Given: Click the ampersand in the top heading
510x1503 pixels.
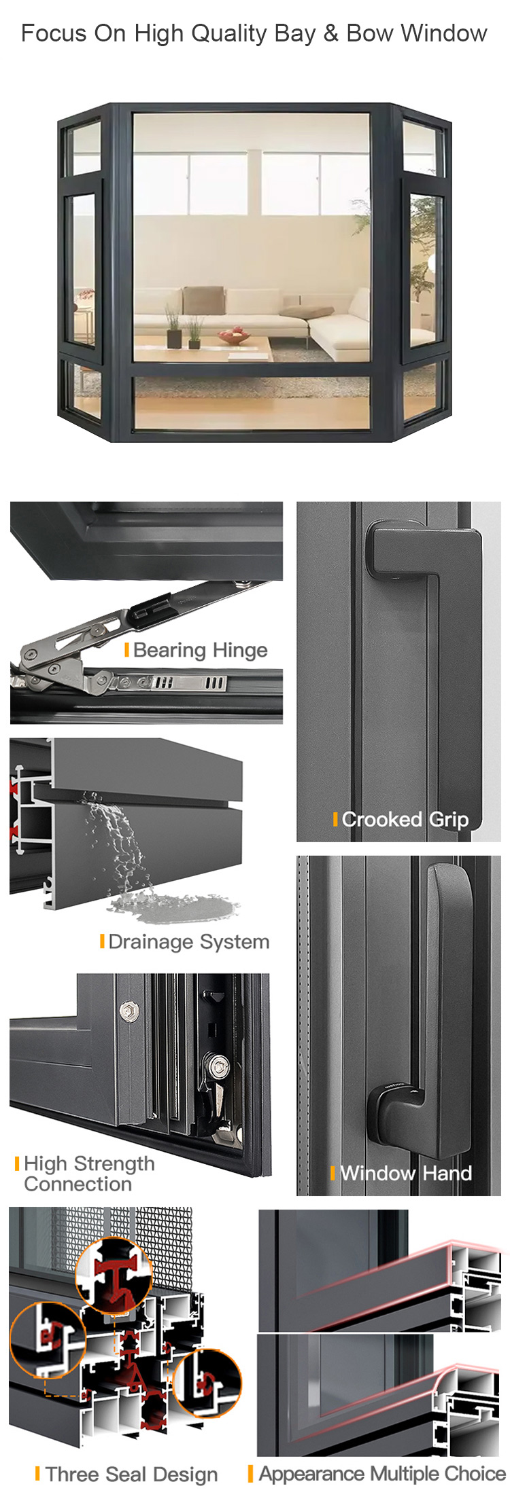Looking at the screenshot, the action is [331, 33].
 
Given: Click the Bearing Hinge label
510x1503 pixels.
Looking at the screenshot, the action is [201, 650].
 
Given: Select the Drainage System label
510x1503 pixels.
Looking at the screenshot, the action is [189, 941].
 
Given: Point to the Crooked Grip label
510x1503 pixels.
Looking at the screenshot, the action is [405, 819].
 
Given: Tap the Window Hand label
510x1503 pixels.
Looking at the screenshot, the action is [406, 1173].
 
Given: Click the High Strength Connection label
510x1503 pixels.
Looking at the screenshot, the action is [89, 1174].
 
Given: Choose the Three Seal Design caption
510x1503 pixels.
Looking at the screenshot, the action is [132, 1474].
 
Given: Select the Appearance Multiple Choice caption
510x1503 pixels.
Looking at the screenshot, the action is [382, 1474].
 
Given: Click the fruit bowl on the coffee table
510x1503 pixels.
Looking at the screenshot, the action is [233, 335].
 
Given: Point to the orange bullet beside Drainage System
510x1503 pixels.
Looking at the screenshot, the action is [102, 941].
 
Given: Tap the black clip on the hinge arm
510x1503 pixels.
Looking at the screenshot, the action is [150, 606].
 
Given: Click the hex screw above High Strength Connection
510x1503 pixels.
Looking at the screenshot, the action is [126, 1011].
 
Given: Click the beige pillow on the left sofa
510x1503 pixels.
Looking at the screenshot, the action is [203, 300].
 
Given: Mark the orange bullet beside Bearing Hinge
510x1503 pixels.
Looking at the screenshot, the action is [126, 650].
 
